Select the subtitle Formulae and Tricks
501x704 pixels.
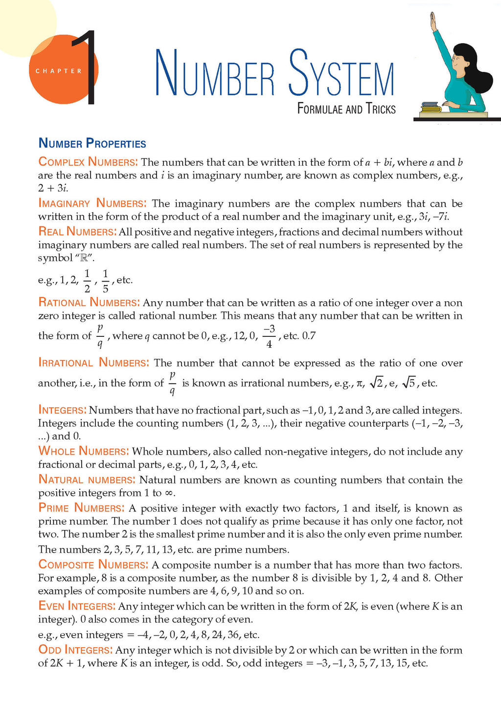[x=346, y=109]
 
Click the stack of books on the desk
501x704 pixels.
[x=431, y=107]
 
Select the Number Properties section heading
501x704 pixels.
[x=92, y=144]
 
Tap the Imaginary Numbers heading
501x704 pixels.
[x=92, y=203]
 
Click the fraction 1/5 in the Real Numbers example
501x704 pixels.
[x=105, y=280]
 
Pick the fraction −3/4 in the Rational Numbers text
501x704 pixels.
[x=269, y=336]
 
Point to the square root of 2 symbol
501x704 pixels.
[x=376, y=383]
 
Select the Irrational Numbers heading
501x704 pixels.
[x=93, y=363]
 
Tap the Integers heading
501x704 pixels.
[x=62, y=410]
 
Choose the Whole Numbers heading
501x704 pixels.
[x=83, y=451]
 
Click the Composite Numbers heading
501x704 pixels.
[x=93, y=565]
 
